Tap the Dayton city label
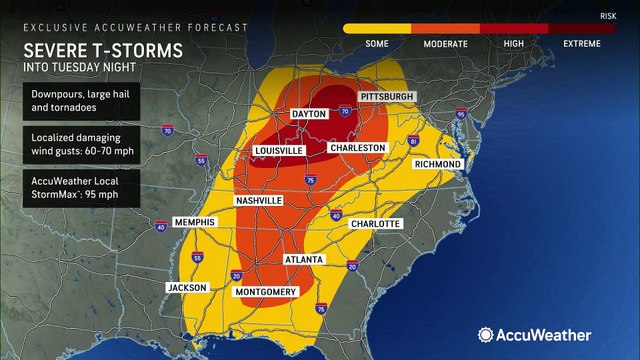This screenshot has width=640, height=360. (309, 115)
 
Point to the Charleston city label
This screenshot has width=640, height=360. (357, 147)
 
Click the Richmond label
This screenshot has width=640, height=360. (437, 163)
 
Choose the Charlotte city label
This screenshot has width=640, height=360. (375, 223)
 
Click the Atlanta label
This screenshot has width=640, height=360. (303, 259)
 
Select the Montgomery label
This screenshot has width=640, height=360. (265, 292)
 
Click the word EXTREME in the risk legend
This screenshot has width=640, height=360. (583, 44)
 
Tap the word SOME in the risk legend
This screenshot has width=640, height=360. (376, 44)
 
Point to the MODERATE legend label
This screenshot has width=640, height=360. (446, 44)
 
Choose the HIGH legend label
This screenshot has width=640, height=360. (515, 44)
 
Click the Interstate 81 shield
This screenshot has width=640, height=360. (413, 143)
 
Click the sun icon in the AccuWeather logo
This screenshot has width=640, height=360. (486, 335)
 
